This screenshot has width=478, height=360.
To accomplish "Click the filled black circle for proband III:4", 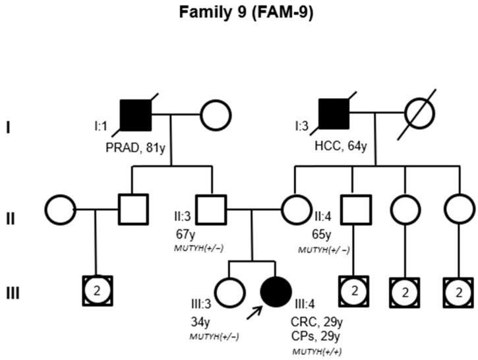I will (278, 291).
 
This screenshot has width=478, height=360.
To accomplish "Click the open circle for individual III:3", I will (228, 291).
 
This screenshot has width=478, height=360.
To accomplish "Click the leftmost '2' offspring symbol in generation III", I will (97, 291).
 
